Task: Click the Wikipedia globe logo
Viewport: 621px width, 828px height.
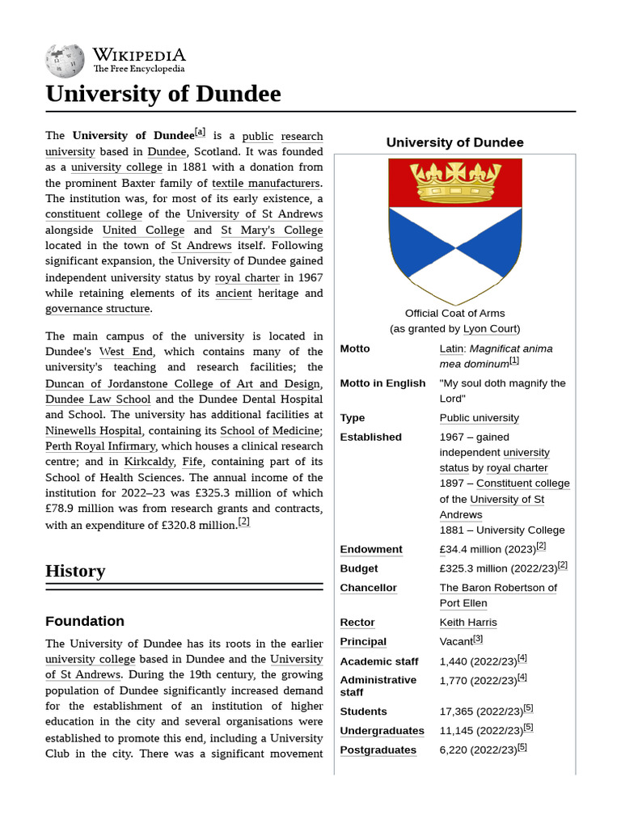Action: (65, 61)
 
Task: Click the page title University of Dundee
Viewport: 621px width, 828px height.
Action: (163, 94)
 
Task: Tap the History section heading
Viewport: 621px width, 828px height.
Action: (75, 571)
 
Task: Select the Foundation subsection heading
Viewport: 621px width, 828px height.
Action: (85, 621)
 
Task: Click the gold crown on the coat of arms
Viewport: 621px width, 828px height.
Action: (454, 183)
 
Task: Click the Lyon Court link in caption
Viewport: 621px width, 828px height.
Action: (490, 328)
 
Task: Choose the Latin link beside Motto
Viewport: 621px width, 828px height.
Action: (451, 349)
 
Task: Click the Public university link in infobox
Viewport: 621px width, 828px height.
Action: (479, 418)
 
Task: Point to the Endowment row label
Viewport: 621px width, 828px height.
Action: (371, 549)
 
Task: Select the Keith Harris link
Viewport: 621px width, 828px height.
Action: (468, 623)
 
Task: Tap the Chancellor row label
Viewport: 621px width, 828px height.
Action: (368, 588)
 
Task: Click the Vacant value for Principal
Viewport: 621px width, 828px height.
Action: (456, 642)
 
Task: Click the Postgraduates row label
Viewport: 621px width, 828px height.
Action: (378, 750)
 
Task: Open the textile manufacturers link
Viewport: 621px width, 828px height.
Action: (265, 183)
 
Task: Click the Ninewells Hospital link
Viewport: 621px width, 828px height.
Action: (94, 431)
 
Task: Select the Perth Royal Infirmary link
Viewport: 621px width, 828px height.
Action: (99, 446)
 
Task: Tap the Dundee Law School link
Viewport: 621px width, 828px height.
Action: (98, 399)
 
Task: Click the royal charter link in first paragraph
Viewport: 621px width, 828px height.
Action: (247, 277)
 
